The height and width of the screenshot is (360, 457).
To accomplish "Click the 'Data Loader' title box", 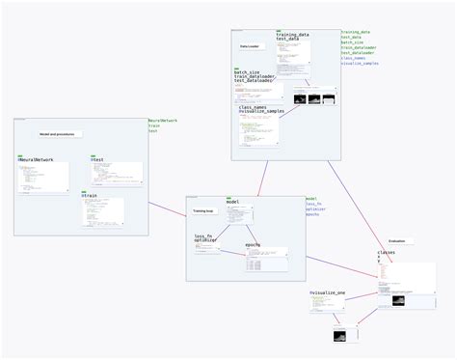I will pos(250,45).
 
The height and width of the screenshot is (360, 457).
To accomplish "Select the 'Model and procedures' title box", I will pos(58,134).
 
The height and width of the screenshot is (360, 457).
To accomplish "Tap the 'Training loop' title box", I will pos(202,209).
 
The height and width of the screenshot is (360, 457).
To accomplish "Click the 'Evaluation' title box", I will pos(396,240).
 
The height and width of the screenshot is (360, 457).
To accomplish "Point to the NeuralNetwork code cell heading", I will pos(37,158).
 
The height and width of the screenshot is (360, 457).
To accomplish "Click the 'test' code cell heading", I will pos(98,158).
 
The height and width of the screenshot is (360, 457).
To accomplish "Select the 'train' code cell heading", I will pos(91,195).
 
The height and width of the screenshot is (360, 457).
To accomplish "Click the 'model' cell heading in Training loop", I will pos(232,202).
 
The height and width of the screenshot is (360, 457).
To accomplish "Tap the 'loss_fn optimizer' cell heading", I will pos(204,238).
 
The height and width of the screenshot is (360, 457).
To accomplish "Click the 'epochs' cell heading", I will pos(253,245).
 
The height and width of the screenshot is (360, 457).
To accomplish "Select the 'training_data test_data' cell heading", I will pos(293,36).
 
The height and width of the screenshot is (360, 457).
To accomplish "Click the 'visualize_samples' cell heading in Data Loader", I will pos(260,112).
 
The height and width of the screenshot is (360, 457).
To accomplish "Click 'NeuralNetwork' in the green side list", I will pos(163,121).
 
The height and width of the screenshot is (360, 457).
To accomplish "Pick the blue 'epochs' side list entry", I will pos(312,214).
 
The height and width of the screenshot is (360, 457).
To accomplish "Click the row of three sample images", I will pos(313,98).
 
